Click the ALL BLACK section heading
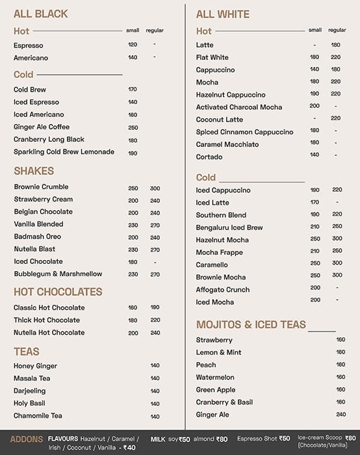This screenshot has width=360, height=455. pos(40,14)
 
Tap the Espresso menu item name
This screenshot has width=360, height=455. pos(29,45)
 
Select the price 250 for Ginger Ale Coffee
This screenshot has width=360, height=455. pos(133,127)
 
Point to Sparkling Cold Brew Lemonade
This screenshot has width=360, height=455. pos(64,152)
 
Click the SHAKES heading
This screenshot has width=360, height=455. pos(34,171)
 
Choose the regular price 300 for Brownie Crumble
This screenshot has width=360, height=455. pos(155,188)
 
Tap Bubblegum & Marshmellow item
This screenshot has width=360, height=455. pos(58,274)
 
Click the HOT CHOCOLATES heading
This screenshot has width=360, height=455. pos(58,292)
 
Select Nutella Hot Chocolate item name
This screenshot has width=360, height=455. pos(49,333)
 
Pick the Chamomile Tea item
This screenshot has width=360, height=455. pos(38,416)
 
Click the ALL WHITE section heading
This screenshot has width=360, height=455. pos(223,14)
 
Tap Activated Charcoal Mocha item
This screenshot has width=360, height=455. pos(239,107)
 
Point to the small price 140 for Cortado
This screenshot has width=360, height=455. pos(315,155)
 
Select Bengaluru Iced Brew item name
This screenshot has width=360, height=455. pos(229,227)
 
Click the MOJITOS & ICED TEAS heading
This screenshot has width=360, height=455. pos(251,324)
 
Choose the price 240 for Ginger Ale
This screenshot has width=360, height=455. pos(341,415)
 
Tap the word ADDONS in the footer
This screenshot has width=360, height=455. pos(27,439)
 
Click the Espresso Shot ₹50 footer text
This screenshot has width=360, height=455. pos(263,439)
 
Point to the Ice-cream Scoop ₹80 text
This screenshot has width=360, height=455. pos(327,438)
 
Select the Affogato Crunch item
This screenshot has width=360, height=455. pos(223,290)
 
